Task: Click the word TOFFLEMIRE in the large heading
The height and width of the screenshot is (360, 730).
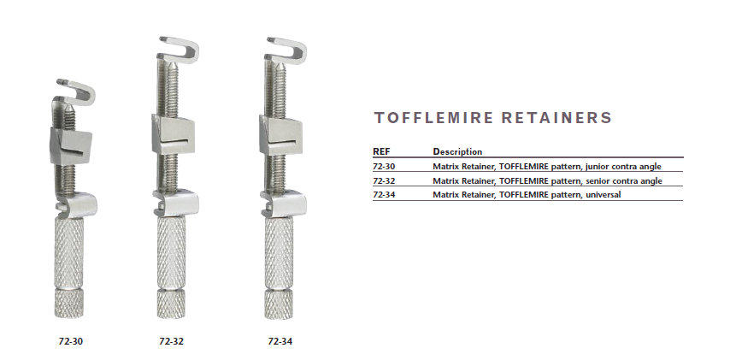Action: tap(433, 117)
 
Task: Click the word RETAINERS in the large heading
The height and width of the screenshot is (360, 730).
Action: tap(556, 117)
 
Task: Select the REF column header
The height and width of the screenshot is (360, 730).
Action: tap(381, 151)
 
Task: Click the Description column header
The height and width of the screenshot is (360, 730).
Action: tap(457, 152)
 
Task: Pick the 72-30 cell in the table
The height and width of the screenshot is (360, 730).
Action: tap(384, 166)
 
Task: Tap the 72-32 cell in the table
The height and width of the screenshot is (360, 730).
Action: tap(384, 180)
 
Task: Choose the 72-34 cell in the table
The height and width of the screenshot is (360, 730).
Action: tap(384, 195)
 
